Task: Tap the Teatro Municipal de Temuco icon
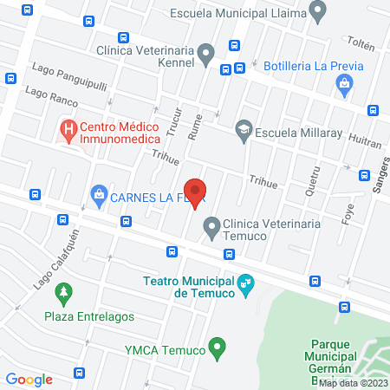pos(247,283)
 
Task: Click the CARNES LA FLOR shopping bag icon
pos(99,194)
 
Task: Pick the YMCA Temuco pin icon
pos(219,350)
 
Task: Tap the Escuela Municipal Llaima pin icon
pos(319,12)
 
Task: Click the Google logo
pos(29,379)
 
